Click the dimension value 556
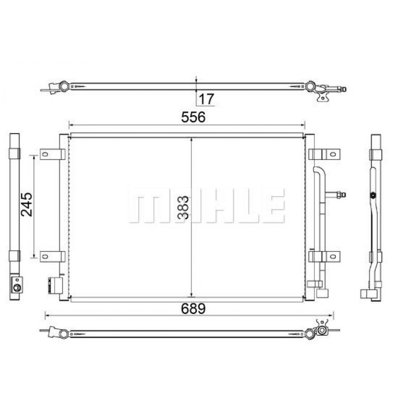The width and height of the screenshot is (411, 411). [x=193, y=117]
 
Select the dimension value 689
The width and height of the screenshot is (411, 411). [x=193, y=309]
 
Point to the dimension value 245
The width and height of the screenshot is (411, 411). [x=27, y=204]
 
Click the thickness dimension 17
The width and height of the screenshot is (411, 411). [x=207, y=99]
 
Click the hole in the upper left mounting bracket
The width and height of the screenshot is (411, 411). [x=45, y=154]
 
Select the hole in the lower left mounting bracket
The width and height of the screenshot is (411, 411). [x=45, y=256]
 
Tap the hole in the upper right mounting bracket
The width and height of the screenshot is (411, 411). [x=333, y=154]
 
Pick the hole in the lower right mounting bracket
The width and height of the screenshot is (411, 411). [x=333, y=256]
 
